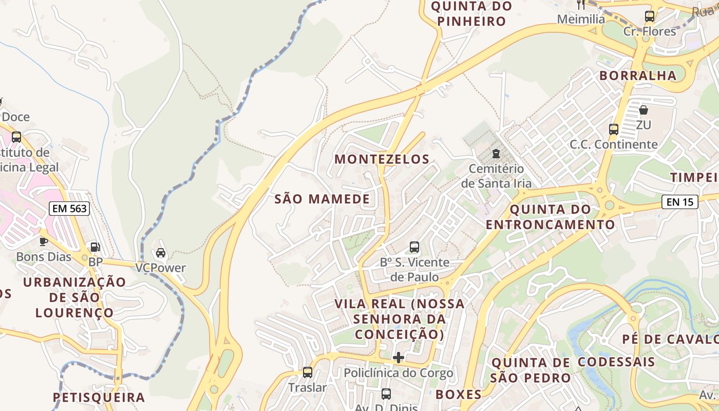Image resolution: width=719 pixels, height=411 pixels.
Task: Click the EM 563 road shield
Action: (69, 208)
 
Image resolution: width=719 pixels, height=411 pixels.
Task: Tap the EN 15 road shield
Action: (679, 202)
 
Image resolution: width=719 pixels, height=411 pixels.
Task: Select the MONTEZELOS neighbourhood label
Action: (382, 159)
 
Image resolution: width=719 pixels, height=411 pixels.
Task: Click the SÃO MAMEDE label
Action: (322, 199)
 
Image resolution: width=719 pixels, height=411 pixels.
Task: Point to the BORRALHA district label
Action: (638, 76)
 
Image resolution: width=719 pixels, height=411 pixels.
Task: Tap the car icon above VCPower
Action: (160, 253)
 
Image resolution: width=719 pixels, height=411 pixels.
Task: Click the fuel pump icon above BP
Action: (94, 247)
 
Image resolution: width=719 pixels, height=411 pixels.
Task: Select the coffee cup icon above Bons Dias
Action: (44, 241)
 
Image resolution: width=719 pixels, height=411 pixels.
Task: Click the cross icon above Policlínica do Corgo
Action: (399, 358)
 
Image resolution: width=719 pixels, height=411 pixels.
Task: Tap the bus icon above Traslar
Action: (307, 372)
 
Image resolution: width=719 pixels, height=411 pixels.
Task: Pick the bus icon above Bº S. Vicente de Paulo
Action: (414, 247)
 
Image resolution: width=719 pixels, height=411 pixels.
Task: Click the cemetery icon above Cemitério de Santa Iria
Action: (496, 154)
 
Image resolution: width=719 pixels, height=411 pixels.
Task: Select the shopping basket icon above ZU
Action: (643, 110)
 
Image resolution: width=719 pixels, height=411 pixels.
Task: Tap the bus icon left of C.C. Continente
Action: (613, 129)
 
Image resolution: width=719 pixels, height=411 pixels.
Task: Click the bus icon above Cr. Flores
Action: (650, 16)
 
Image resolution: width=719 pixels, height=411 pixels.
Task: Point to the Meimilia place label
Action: (581, 19)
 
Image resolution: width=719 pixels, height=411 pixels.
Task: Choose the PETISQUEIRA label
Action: (99, 397)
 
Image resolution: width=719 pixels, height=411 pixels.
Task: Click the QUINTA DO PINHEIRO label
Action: (471, 14)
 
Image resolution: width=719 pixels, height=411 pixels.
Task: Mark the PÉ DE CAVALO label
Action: (670, 340)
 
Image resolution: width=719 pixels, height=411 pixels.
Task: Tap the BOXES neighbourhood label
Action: (459, 395)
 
